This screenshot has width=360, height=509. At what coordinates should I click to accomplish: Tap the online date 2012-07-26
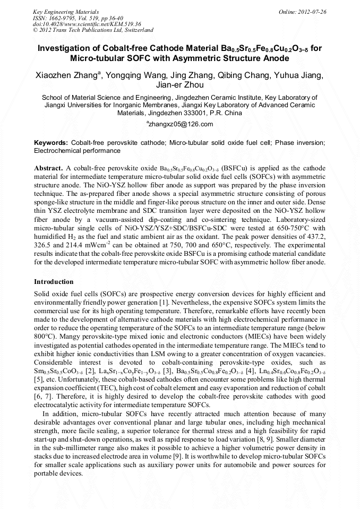311,12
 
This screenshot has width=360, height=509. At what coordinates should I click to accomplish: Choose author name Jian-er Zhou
179,85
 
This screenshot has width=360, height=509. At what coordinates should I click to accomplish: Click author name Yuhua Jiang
296,75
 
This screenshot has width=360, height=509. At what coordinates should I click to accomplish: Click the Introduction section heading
54,282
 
